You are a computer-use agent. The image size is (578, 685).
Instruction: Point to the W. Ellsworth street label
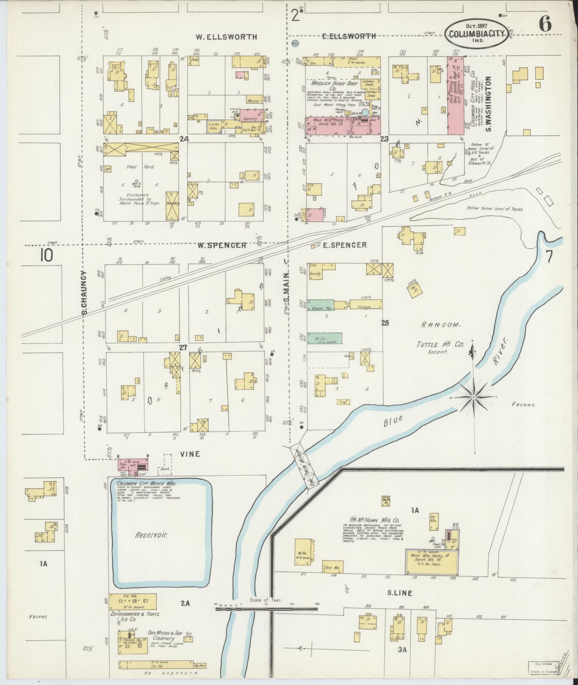pos(226,37)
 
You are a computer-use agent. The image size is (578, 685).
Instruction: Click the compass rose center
pos(474,397)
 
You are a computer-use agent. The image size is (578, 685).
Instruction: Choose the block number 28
pos(385,323)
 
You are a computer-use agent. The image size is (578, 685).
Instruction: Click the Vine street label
pos(189,454)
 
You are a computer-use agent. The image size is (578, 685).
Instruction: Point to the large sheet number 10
pos(47,256)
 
